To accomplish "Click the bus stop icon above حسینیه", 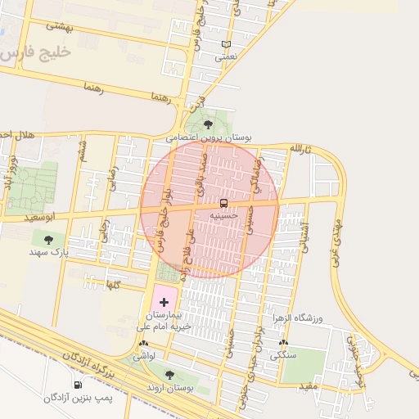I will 223,202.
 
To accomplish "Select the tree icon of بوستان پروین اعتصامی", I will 208,124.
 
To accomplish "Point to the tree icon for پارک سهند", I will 48,240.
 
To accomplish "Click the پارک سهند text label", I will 49,253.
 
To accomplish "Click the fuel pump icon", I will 78,385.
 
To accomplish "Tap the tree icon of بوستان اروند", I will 169,375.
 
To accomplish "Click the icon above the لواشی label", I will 144,345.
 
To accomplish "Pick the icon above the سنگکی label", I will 283,343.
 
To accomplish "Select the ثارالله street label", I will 300,149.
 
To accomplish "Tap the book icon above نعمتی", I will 226,44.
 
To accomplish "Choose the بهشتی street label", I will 60,25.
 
